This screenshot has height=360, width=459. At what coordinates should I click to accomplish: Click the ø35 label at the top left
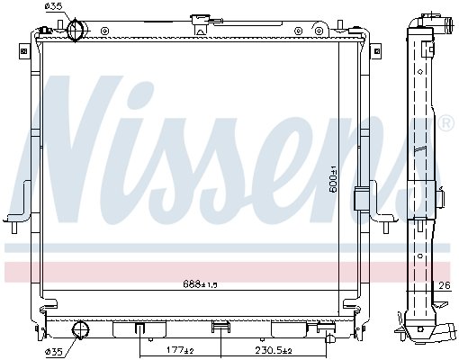[53, 6]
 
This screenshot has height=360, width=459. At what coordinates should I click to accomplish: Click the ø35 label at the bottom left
[54, 351]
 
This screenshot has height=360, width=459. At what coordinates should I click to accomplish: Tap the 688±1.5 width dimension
[200, 284]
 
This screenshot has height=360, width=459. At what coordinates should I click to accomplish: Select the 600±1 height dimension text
[333, 179]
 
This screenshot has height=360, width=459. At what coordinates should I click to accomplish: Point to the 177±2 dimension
[180, 350]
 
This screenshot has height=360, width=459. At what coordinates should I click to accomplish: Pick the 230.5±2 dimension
[274, 350]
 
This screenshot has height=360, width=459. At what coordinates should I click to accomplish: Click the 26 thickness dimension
[445, 285]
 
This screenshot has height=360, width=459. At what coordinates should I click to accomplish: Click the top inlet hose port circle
[75, 30]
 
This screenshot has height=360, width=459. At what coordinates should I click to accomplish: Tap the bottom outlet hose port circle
[80, 330]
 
